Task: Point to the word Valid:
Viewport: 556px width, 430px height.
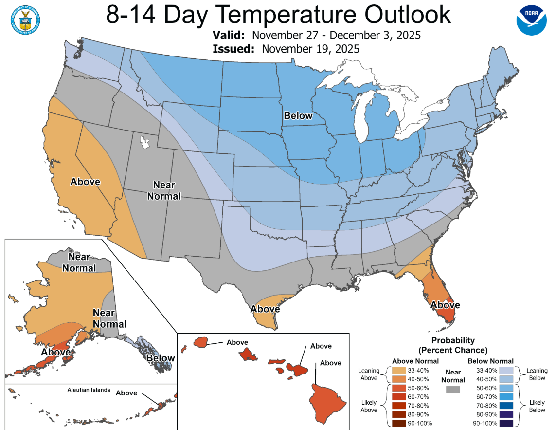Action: pos(231,36)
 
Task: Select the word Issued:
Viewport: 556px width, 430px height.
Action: pos(234,49)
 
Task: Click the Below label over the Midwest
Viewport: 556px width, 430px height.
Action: pos(298,116)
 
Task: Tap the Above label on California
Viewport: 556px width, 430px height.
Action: pos(85,182)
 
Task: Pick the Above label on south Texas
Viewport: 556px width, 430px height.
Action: pos(265,309)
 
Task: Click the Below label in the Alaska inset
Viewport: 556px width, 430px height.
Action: pos(161,358)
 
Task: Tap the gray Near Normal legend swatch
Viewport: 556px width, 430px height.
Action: pos(453,390)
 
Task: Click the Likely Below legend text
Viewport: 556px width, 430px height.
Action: pos(538,406)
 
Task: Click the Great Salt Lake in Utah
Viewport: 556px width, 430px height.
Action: pos(145,142)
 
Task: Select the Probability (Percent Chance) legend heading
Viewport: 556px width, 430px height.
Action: pos(453,345)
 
